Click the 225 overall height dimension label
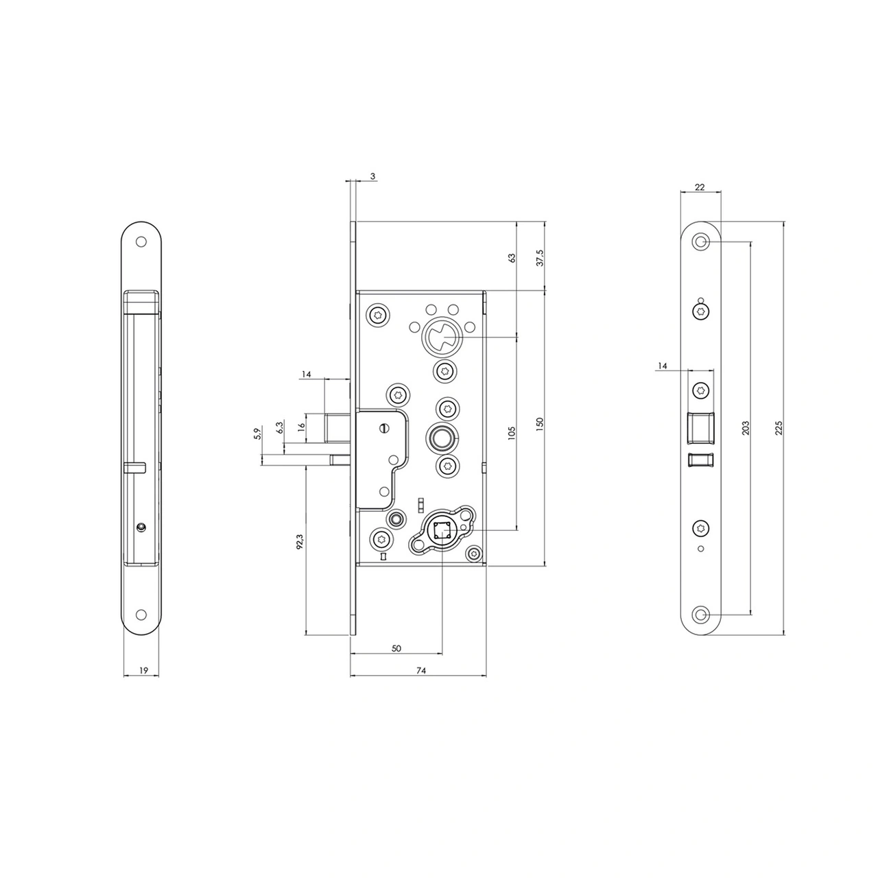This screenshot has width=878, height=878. [779, 428]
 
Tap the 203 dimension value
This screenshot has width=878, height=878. [746, 428]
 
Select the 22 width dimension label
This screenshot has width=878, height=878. [700, 187]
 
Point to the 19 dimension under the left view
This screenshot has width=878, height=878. [143, 670]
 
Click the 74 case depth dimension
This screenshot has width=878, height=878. [421, 670]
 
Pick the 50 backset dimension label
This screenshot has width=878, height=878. [396, 648]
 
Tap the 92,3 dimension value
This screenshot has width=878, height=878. [299, 542]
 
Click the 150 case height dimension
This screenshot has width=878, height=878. [540, 424]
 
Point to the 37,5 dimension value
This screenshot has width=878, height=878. [540, 258]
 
